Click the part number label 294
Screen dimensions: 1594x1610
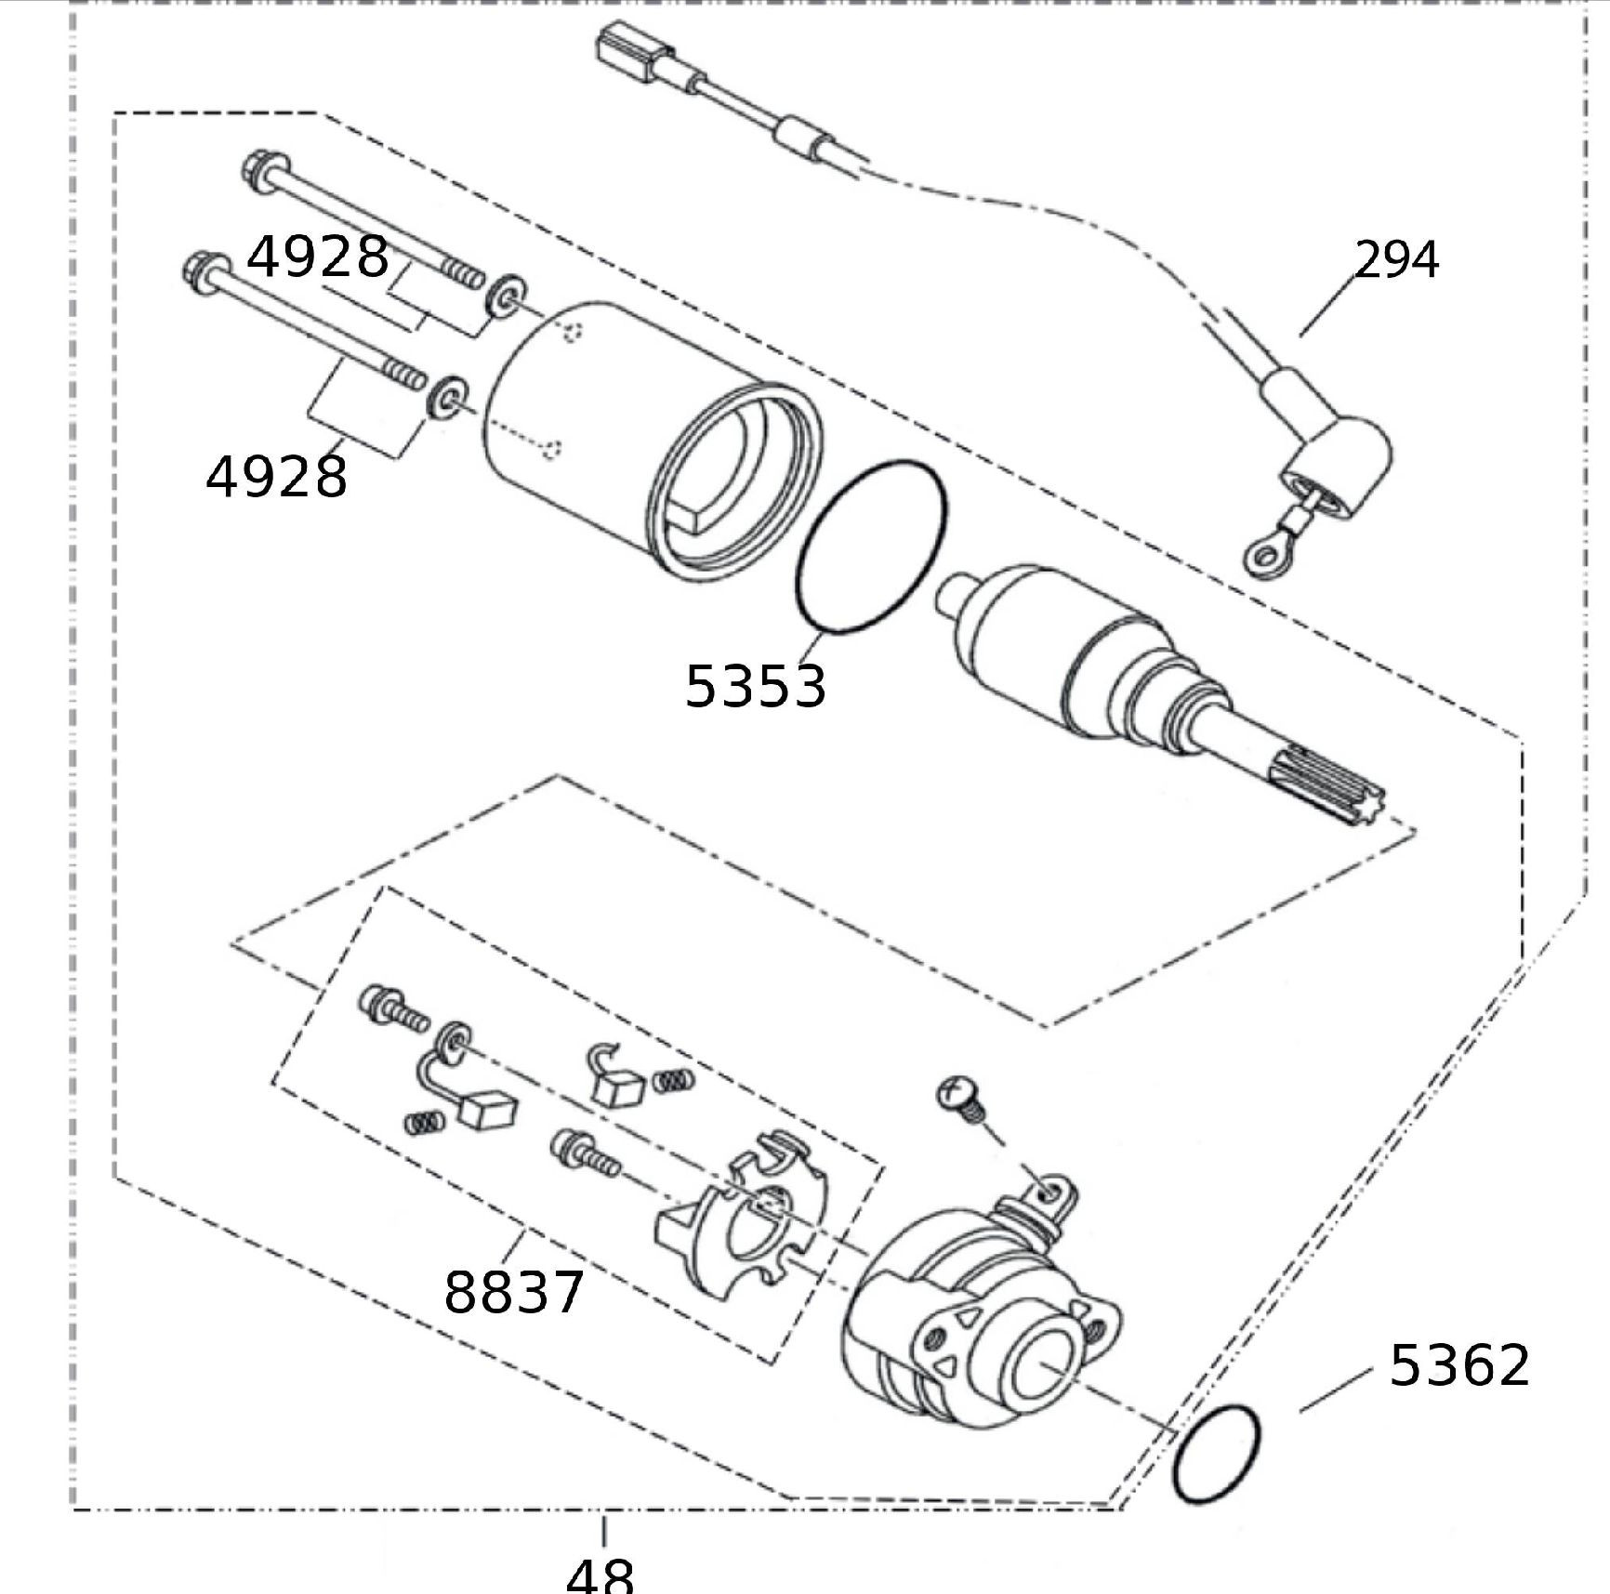1396,260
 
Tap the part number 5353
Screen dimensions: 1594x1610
755,687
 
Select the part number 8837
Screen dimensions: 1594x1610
513,1291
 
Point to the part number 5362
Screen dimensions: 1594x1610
1458,1365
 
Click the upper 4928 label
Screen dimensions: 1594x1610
317,257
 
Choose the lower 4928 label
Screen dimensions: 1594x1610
276,477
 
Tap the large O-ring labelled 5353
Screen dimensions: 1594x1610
871,547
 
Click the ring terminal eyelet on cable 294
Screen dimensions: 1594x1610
1261,556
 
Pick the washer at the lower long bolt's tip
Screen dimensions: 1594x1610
446,396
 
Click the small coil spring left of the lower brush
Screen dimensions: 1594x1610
424,1122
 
